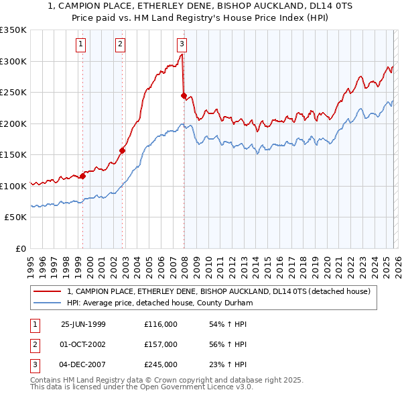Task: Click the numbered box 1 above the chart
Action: click(x=80, y=44)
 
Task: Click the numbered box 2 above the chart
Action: click(x=120, y=44)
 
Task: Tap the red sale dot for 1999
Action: click(x=83, y=177)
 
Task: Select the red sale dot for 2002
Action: click(x=123, y=150)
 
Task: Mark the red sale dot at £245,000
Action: click(x=184, y=96)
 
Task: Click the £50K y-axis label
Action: click(x=15, y=217)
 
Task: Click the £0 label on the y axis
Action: click(x=20, y=249)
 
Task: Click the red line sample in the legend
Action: click(x=48, y=291)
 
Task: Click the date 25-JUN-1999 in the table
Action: click(x=83, y=324)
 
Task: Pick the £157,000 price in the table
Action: click(x=160, y=344)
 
